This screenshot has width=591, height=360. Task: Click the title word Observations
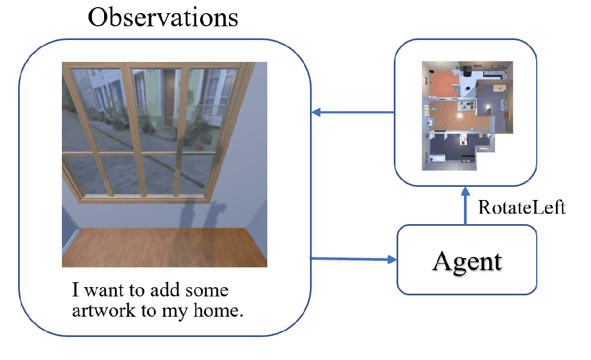coord(163,18)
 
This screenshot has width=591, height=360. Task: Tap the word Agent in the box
coord(467,261)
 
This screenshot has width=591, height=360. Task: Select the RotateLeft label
coord(522,207)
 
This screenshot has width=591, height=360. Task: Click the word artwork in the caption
coord(104,311)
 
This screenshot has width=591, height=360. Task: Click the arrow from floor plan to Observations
coord(353,112)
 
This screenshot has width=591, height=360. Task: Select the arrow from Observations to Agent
coord(353,259)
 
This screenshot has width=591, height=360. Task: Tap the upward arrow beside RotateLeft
coord(466,206)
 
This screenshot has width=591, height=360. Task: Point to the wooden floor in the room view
coord(165,247)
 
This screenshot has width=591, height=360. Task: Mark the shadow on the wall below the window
coord(200,215)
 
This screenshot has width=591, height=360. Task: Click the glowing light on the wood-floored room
coord(460,116)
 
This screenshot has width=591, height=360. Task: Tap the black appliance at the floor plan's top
coord(467,70)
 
